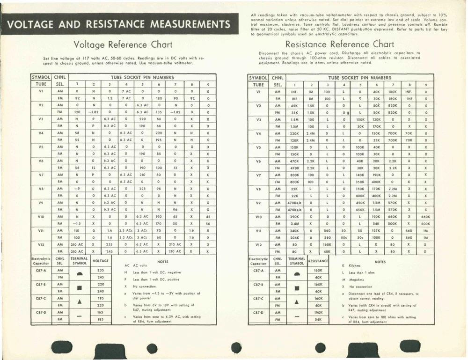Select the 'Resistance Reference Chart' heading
pos(340,44)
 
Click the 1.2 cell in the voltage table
pos(110,99)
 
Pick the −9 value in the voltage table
pos(77,188)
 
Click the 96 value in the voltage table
pos(175,209)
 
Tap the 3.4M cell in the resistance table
pos(295,223)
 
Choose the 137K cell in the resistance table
pos(376,230)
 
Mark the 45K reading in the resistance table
pos(295,106)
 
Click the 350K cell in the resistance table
pos(360,181)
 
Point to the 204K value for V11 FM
pos(295,237)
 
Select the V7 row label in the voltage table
pos(41,174)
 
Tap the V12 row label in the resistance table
pos(258,244)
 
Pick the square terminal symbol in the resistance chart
pos(297,287)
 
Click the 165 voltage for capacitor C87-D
pos(100,312)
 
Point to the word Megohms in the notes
pos(358,279)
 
